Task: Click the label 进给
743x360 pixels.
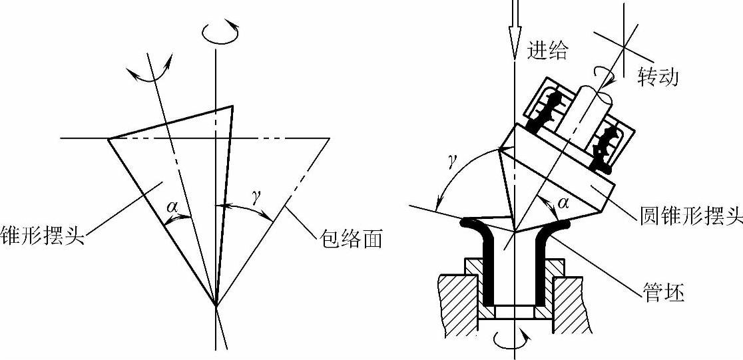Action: [x=547, y=51]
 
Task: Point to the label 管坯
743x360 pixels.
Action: [x=664, y=293]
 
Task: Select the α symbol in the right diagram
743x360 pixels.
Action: [x=564, y=202]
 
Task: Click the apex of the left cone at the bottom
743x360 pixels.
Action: [x=216, y=305]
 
